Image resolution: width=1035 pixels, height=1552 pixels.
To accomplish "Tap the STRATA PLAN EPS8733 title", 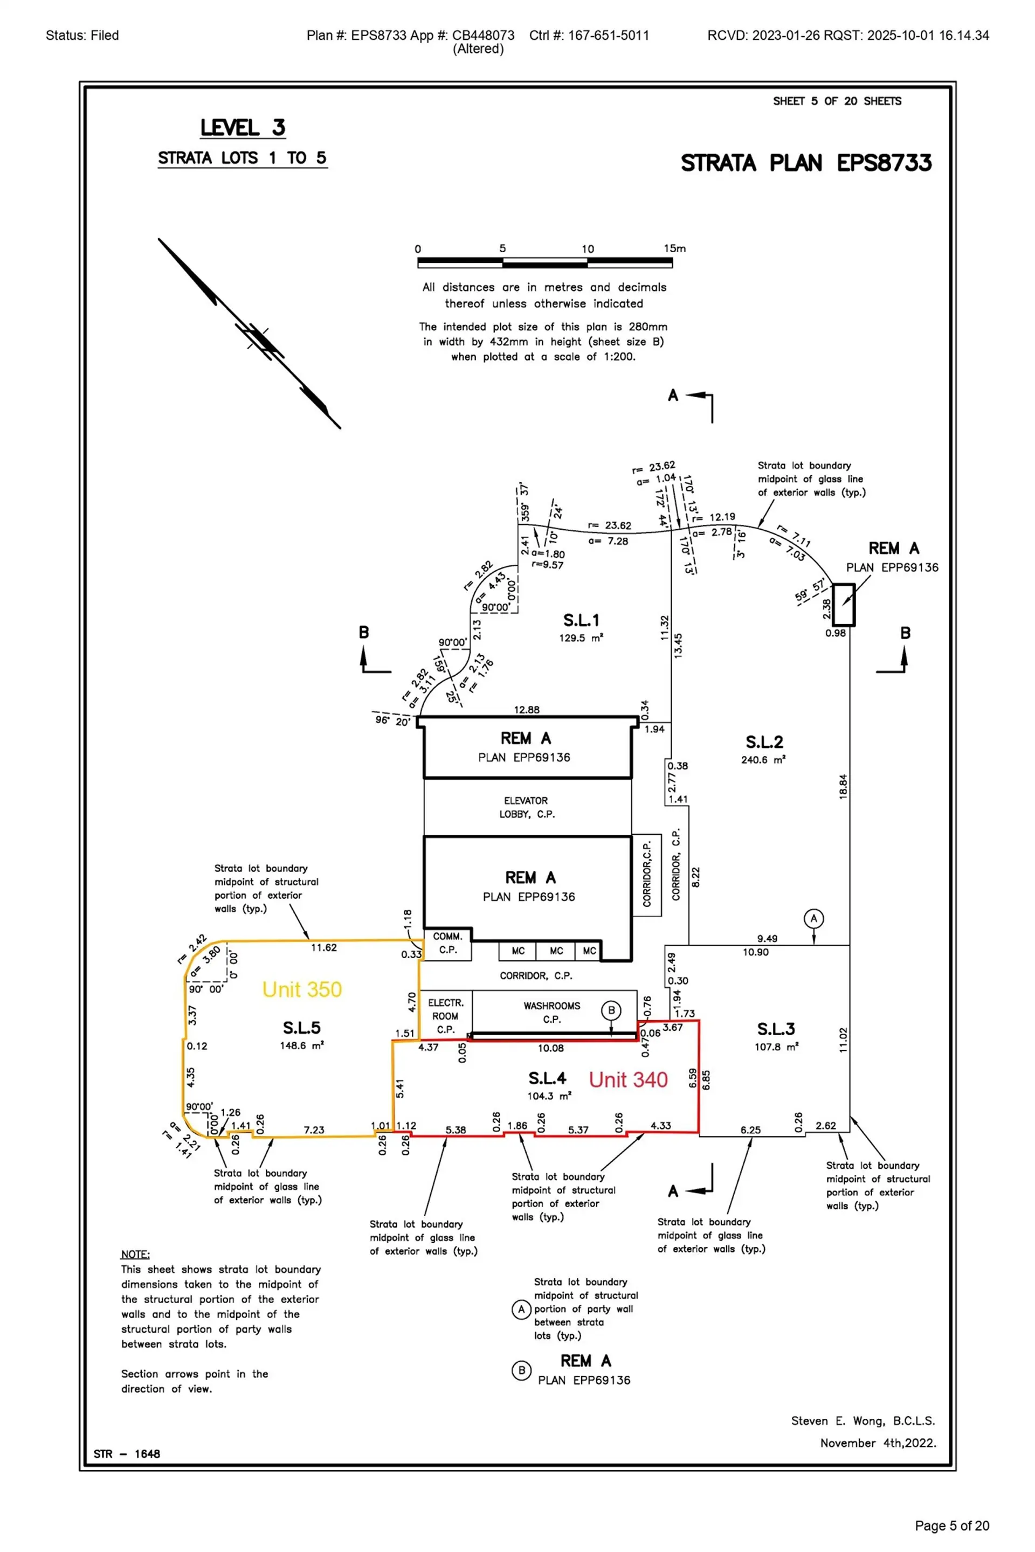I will coord(806,163).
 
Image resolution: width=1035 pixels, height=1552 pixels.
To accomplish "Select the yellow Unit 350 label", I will coord(302,989).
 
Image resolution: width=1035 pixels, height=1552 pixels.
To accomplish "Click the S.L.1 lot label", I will coord(581,620).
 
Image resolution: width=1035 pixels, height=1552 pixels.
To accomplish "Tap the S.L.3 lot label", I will coord(776,1029).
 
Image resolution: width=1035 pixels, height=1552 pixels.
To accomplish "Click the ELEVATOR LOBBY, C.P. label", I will coord(526,807).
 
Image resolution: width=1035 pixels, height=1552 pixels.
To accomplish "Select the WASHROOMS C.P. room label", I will coord(552,1012).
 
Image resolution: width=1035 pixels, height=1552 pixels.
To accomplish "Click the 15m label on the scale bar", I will coord(674,249).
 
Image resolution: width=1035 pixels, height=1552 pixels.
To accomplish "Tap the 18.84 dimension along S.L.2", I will coord(843,787).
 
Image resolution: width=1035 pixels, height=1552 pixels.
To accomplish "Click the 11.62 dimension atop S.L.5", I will coord(323,947).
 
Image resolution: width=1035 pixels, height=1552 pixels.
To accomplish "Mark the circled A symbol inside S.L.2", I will coord(813,918).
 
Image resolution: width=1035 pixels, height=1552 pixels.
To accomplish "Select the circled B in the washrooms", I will coord(611,1010).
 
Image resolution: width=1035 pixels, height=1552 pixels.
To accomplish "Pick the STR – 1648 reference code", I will coord(127,1454).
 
